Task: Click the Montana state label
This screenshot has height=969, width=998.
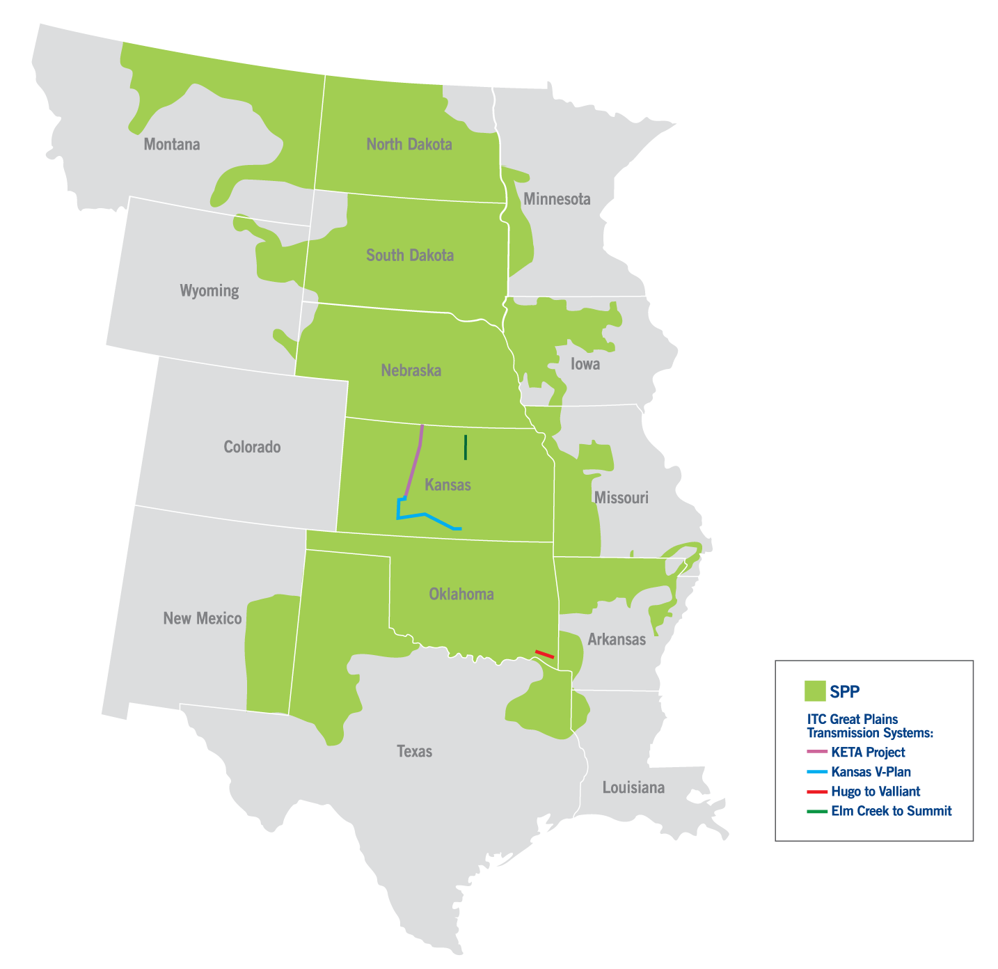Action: click(x=172, y=144)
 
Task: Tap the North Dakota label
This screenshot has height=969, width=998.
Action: click(x=409, y=144)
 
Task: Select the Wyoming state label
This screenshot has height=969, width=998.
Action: click(x=209, y=290)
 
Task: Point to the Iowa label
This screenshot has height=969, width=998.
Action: click(x=585, y=364)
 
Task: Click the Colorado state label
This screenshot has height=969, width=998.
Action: click(x=252, y=447)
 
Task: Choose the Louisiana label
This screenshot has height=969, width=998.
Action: click(x=633, y=787)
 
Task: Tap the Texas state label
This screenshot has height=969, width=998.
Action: click(x=414, y=751)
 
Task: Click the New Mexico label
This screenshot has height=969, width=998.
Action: click(x=202, y=618)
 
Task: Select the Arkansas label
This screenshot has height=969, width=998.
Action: click(x=617, y=639)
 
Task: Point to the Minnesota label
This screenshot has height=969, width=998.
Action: click(x=557, y=199)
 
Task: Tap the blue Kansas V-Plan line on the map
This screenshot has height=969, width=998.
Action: click(x=425, y=515)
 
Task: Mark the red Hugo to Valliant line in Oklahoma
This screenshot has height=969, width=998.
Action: click(x=544, y=654)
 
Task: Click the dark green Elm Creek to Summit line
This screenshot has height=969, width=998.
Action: click(x=466, y=448)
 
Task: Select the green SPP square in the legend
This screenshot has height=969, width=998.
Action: click(x=814, y=691)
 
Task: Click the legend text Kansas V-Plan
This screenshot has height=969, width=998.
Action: click(x=871, y=772)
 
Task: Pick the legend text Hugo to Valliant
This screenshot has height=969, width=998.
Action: click(x=876, y=791)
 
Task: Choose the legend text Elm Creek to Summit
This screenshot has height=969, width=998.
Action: click(x=891, y=811)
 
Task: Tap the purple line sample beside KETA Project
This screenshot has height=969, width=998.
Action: click(x=816, y=753)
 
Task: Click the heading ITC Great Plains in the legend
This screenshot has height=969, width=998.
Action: click(x=853, y=719)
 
